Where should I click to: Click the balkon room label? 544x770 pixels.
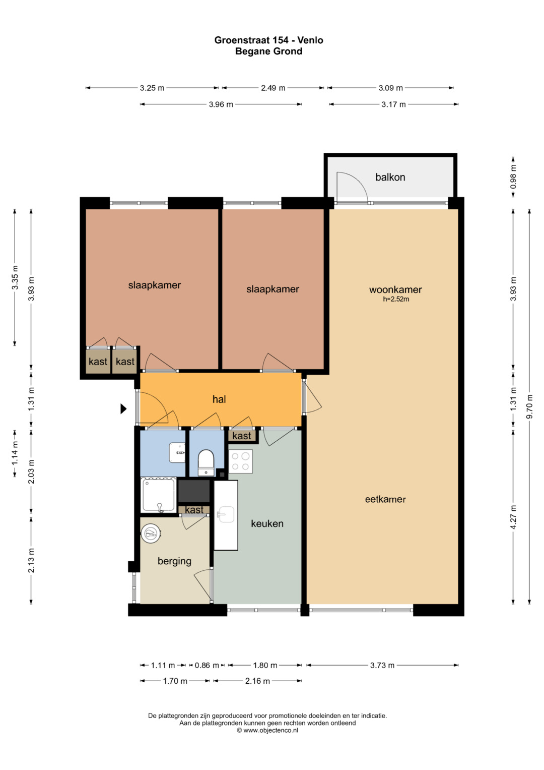pos(390,177)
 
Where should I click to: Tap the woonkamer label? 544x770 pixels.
pos(395,289)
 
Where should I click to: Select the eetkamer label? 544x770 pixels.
pos(385,500)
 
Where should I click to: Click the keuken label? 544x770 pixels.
pos(267,523)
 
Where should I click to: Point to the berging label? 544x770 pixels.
pos(174,561)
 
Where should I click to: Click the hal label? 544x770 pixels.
pos(219,399)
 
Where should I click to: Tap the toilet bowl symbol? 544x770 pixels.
pos(206,463)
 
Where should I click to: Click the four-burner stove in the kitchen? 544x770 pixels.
pos(241,461)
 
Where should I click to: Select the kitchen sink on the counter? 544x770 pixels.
pos(227,514)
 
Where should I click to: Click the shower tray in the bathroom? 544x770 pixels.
pos(158,495)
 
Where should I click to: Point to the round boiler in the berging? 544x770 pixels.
pos(151,534)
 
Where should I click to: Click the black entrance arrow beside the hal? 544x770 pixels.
pos(123,409)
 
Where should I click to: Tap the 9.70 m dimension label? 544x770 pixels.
pos(529,406)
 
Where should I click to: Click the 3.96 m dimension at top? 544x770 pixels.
pos(221,104)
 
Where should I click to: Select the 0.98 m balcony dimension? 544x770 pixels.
pos(513,177)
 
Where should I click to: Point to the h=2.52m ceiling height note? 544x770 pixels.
pos(396,299)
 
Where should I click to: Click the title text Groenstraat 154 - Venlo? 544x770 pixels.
pos(268,40)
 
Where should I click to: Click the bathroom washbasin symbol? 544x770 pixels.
pos(177,452)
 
